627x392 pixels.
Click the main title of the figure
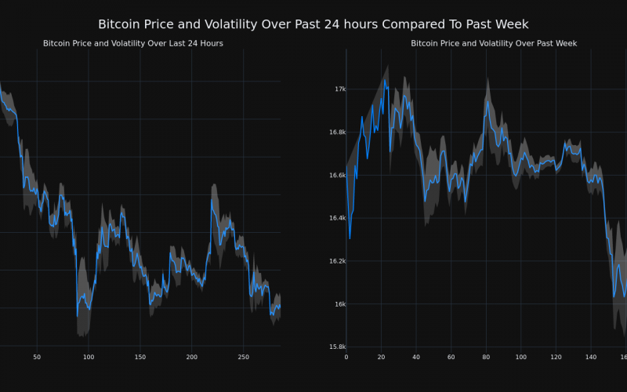pos(313,24)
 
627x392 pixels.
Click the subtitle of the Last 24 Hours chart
pos(133,43)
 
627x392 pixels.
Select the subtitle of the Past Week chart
pos(494,43)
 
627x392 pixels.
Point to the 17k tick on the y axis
pos(340,89)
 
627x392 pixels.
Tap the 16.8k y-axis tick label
pos(336,132)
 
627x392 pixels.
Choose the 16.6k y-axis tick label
pos(336,176)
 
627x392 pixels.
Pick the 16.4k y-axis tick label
pos(336,218)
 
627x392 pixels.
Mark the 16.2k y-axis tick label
pos(336,261)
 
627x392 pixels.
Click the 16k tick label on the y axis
pos(340,304)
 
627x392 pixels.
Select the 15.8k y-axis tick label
pos(336,347)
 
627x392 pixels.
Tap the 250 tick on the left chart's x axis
pos(243,358)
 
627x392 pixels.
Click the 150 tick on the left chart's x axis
pos(140,358)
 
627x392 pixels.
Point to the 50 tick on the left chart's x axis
pos(37,358)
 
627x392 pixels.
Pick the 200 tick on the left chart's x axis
pos(191,358)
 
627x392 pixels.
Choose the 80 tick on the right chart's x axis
pos(486,358)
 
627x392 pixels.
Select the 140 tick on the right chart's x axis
pos(591,358)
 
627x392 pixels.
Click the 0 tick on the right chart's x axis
pos(346,358)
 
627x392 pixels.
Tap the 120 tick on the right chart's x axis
pos(556,358)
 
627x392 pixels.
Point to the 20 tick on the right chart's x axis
pos(381,358)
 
